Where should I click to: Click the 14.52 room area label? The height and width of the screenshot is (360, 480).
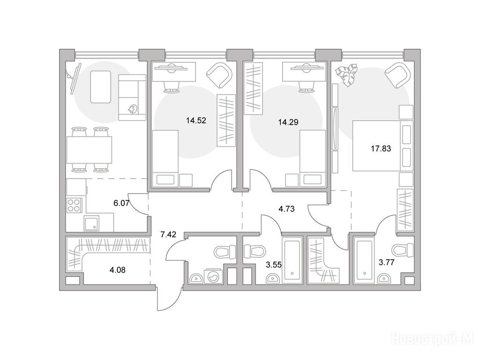click(196, 120)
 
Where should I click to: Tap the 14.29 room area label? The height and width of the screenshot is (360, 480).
click(288, 122)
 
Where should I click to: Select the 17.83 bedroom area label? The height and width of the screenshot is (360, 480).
click(381, 149)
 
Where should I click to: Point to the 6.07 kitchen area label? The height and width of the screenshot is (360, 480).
click(121, 203)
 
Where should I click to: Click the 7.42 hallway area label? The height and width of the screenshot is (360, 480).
click(168, 235)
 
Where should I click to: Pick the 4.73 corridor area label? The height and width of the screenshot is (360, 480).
click(286, 209)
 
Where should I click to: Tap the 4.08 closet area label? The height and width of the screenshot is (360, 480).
click(118, 270)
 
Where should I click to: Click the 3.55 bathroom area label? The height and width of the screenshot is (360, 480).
click(273, 265)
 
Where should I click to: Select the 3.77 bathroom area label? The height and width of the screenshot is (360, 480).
click(386, 262)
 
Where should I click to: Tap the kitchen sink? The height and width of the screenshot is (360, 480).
click(91, 223)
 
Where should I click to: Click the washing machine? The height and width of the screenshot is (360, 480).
click(211, 276)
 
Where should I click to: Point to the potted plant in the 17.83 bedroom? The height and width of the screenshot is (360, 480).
click(347, 74)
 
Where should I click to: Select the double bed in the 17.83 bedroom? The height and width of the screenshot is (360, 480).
click(383, 146)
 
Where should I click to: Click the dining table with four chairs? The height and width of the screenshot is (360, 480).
click(90, 150)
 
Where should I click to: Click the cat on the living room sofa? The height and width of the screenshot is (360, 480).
click(132, 109)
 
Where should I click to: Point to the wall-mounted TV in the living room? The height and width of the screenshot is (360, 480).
click(75, 78)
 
